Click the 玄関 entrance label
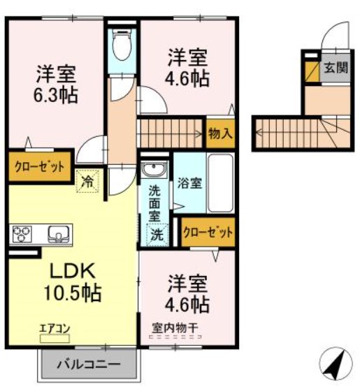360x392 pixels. click(x=335, y=68)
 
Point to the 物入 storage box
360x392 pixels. click(x=219, y=133)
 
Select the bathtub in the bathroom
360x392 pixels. click(x=221, y=183)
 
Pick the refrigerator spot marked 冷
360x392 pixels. click(x=89, y=181)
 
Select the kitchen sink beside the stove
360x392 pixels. click(x=57, y=232)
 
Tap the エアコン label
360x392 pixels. click(x=55, y=328)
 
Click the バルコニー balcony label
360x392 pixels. click(x=88, y=364)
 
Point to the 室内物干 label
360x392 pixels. click(x=174, y=326)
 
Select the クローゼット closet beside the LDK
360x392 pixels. click(x=40, y=167)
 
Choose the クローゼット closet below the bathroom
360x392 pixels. click(x=207, y=233)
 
